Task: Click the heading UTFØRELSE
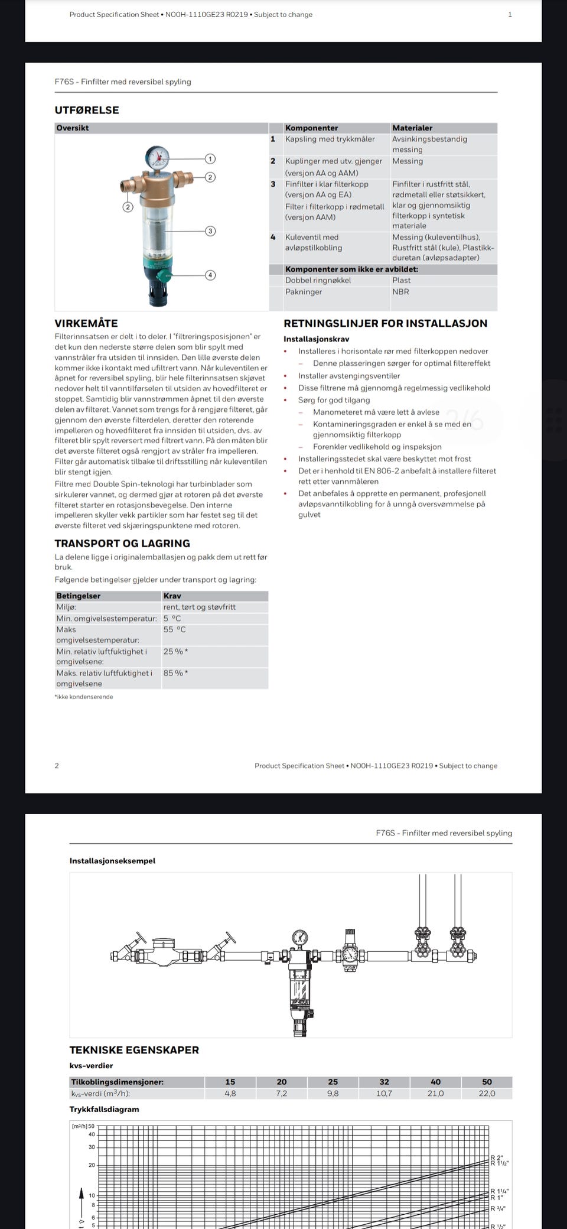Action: coord(87,110)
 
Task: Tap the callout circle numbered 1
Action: coord(210,158)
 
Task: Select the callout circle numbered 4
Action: coord(210,275)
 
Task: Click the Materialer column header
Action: coord(412,128)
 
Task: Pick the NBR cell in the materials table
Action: coord(400,291)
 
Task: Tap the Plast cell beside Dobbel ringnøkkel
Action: coord(402,280)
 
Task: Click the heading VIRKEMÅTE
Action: coord(86,323)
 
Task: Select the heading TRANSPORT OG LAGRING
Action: coord(122,543)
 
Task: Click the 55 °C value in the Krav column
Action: coord(174,629)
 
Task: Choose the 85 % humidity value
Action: coord(175,673)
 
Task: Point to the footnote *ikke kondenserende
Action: coord(84,697)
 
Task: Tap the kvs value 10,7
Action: coord(384,1094)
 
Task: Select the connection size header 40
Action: coord(435,1082)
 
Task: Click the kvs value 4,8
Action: coord(230,1094)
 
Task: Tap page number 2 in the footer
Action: coord(57,766)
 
